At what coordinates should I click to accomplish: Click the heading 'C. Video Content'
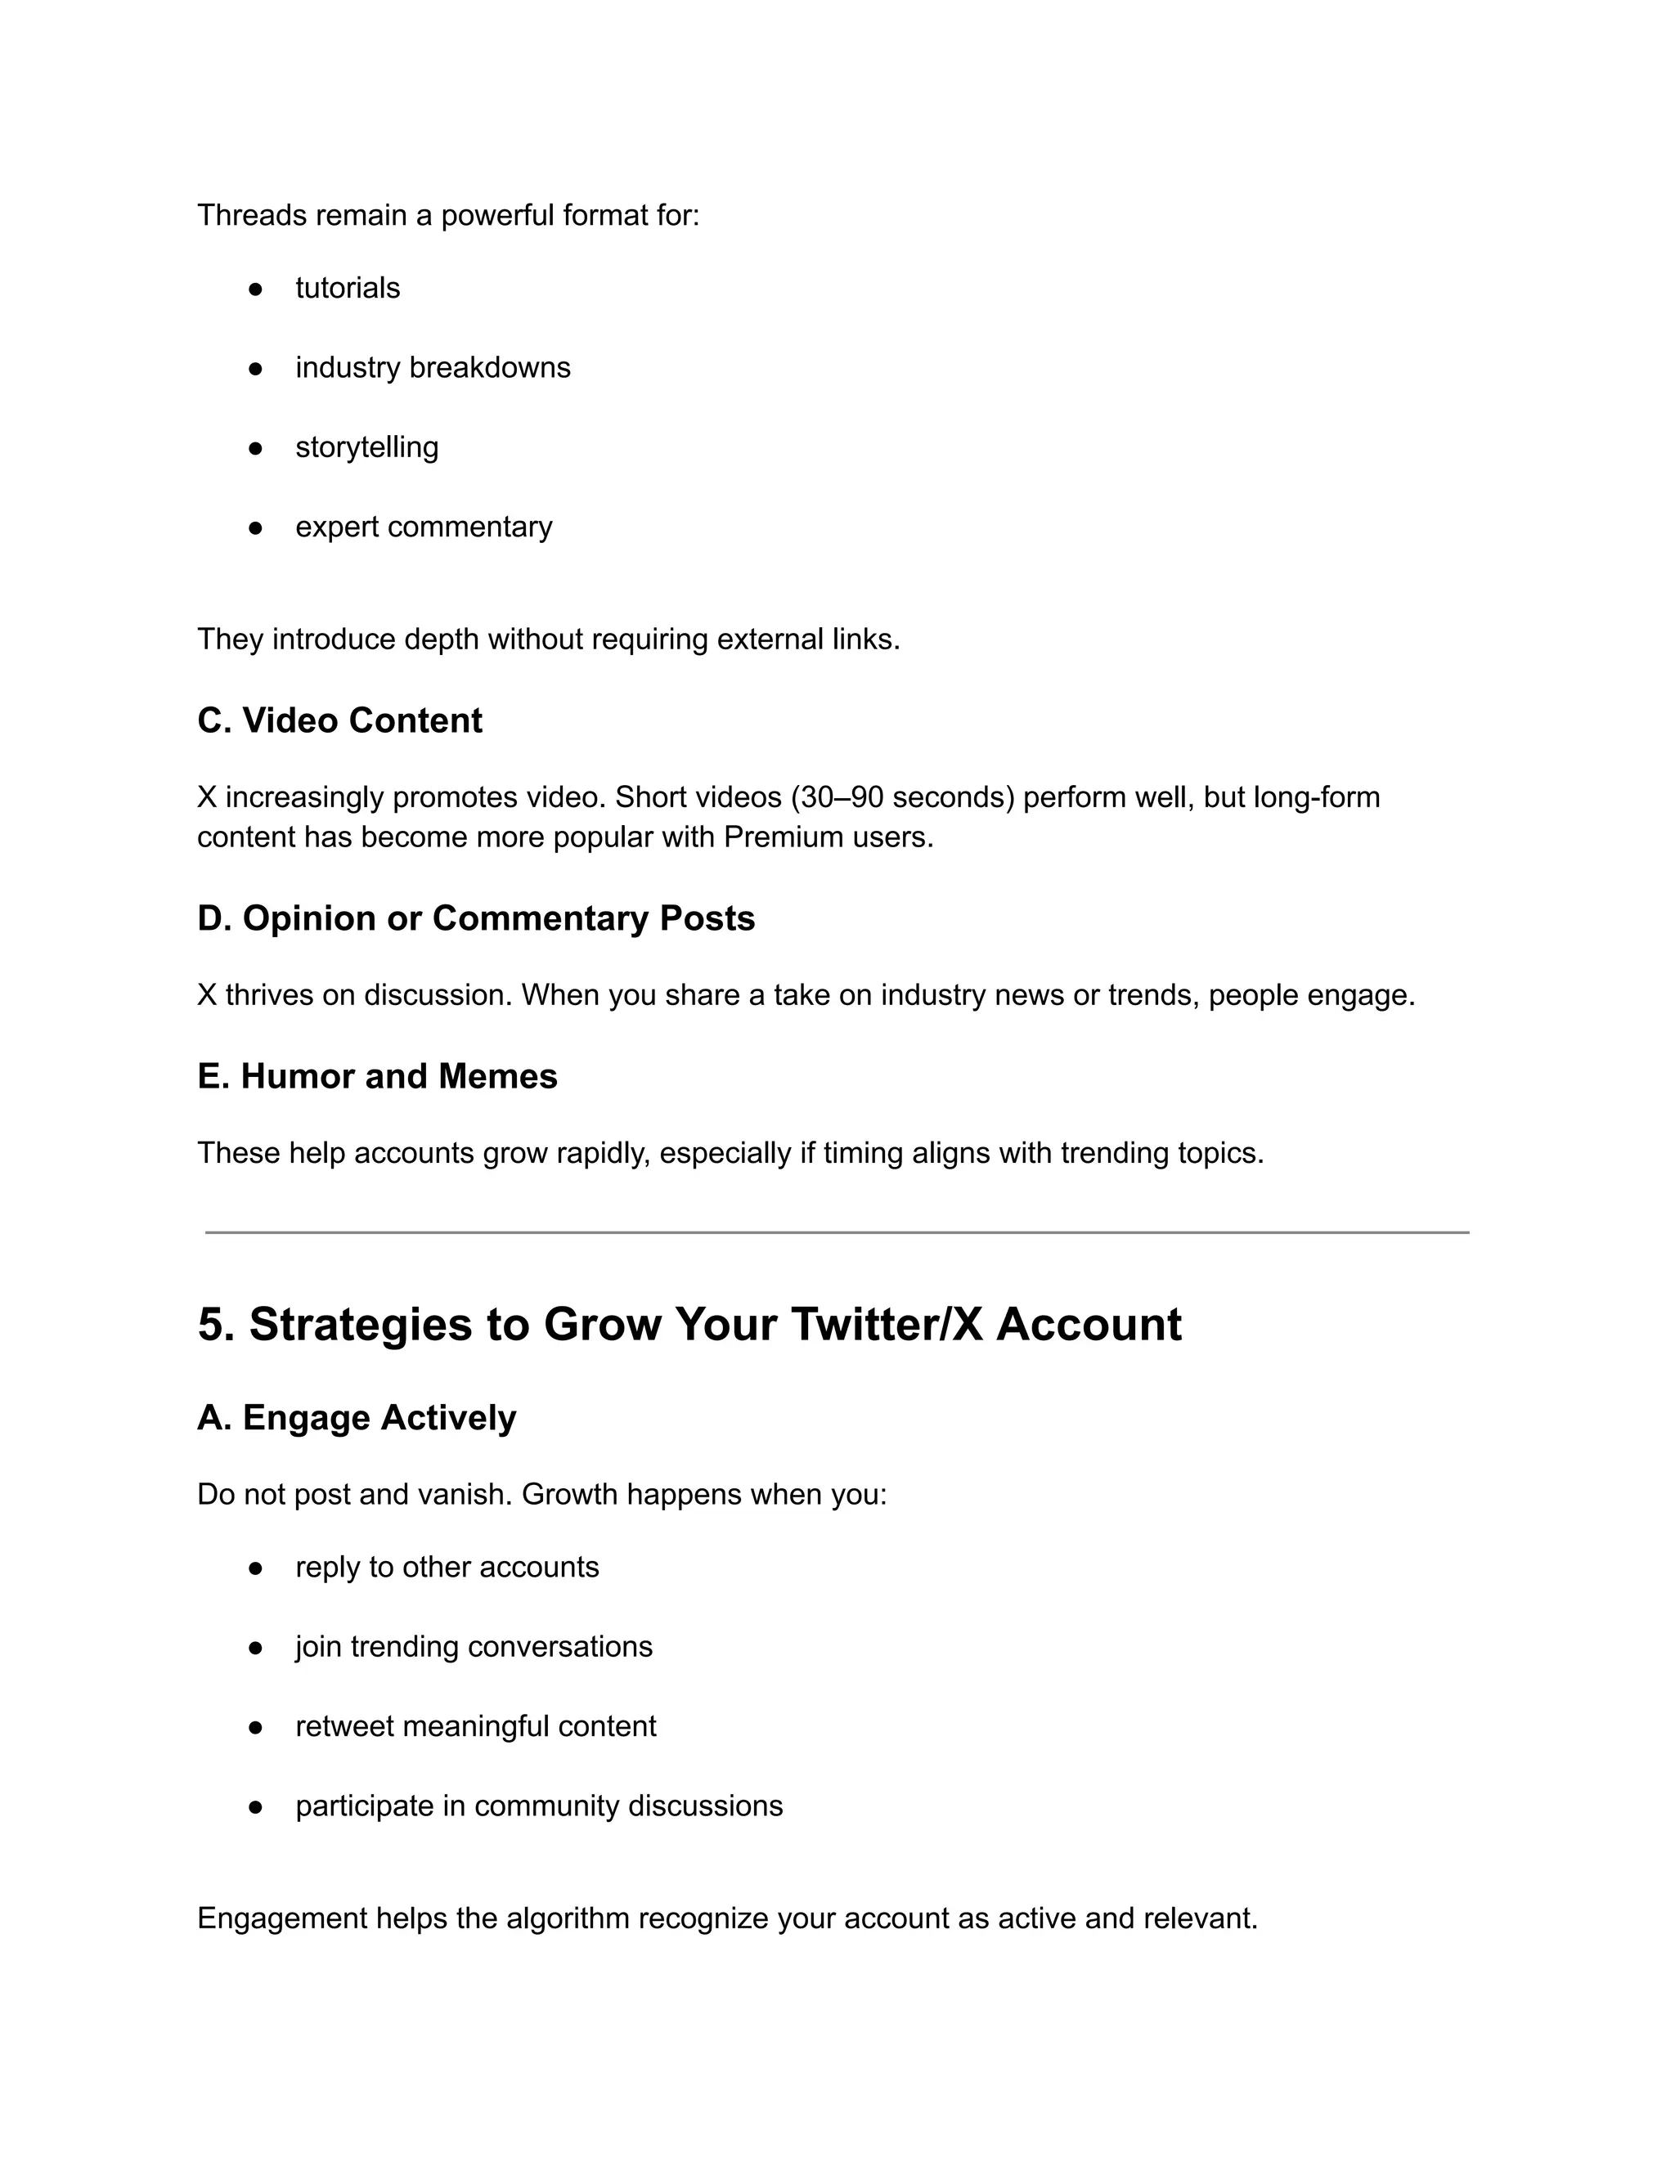pyautogui.click(x=339, y=720)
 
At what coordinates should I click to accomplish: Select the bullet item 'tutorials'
pyautogui.click(x=348, y=288)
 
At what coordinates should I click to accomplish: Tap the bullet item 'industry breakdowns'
pyautogui.click(x=433, y=367)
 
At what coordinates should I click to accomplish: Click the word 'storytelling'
pyautogui.click(x=366, y=446)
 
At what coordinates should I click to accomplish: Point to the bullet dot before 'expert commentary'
pyautogui.click(x=255, y=528)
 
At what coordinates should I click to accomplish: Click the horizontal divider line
pyautogui.click(x=837, y=1232)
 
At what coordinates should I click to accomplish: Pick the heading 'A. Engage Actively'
pyautogui.click(x=357, y=1417)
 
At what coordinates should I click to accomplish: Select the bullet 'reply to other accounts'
pyautogui.click(x=447, y=1567)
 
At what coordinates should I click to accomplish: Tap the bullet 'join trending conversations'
pyautogui.click(x=474, y=1646)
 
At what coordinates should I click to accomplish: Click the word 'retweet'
pyautogui.click(x=344, y=1725)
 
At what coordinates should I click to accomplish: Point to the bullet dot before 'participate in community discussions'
pyautogui.click(x=255, y=1807)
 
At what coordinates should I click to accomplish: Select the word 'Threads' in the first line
pyautogui.click(x=252, y=214)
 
